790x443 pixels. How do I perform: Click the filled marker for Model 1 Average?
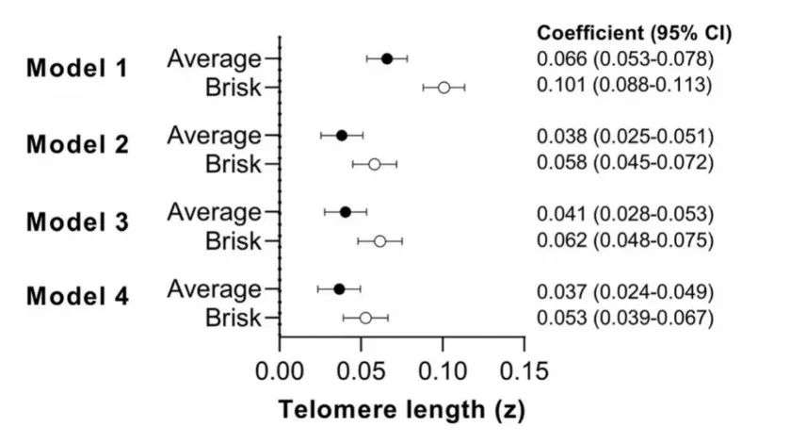(387, 58)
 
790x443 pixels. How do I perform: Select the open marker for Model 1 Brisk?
(443, 88)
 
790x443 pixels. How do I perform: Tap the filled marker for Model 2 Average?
(342, 136)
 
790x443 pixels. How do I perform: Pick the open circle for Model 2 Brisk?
(375, 164)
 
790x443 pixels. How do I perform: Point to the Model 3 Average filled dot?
(346, 212)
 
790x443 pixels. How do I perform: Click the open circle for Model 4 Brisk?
(365, 318)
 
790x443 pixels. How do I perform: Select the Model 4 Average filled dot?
(340, 289)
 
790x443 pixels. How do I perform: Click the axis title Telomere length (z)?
(401, 410)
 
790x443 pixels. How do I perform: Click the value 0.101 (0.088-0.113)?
(625, 86)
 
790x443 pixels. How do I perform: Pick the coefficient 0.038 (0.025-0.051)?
(625, 136)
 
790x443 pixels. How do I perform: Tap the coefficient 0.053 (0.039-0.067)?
(625, 317)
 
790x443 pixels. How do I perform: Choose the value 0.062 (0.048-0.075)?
(625, 240)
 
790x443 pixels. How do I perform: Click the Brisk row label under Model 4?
(233, 318)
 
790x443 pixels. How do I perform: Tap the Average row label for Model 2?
(215, 135)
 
